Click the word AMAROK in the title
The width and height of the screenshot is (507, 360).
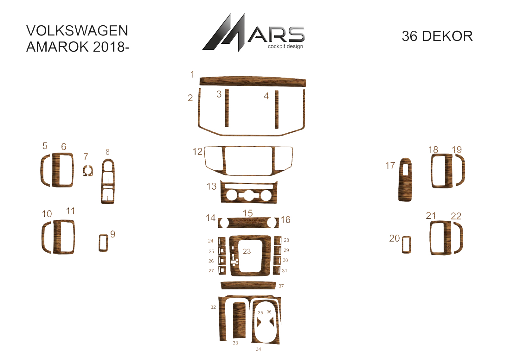pyautogui.click(x=57, y=47)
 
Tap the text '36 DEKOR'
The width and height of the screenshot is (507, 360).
pyautogui.click(x=437, y=36)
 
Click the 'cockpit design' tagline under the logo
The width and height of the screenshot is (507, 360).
pyautogui.click(x=286, y=46)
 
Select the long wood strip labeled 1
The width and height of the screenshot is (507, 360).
pyautogui.click(x=253, y=82)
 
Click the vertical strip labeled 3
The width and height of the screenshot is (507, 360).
pyautogui.click(x=227, y=108)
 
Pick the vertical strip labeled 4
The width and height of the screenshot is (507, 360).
pyautogui.click(x=277, y=110)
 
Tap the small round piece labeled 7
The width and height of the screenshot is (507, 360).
pyautogui.click(x=88, y=171)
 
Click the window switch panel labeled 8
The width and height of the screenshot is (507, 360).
pyautogui.click(x=108, y=181)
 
